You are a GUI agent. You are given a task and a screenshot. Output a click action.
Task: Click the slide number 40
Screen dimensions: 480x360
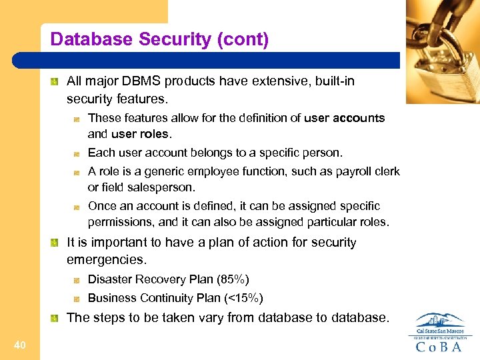coord(19,345)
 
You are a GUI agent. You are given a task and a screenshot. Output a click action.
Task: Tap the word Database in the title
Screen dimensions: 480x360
coord(91,40)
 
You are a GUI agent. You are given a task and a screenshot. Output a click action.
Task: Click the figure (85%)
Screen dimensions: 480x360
coord(232,279)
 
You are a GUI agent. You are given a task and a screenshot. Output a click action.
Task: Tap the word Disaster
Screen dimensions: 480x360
coord(110,279)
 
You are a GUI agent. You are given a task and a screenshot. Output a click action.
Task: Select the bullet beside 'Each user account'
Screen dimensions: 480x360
coord(78,153)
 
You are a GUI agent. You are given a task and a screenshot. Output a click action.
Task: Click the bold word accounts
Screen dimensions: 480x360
coord(360,118)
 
